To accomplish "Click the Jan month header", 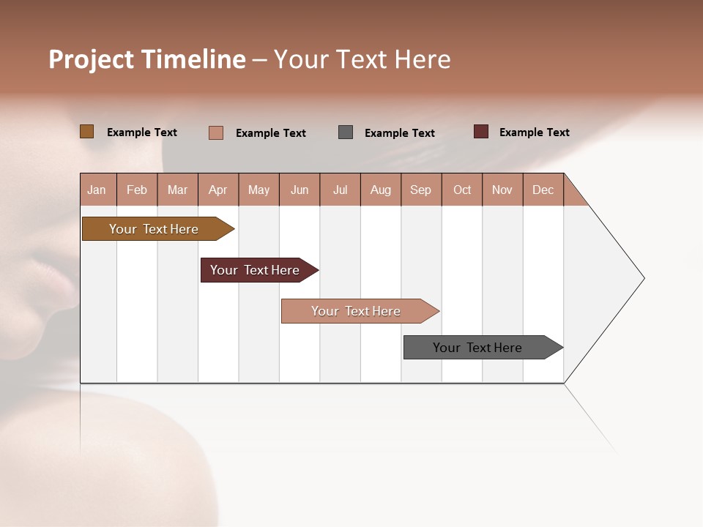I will (x=97, y=190).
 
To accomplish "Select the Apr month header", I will (x=218, y=190).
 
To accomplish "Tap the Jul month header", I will (x=340, y=190).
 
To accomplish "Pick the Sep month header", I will (x=421, y=190).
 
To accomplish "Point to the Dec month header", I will (x=543, y=190).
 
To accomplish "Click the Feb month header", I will (x=137, y=190).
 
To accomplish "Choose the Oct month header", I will (x=462, y=190).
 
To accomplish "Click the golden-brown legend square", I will (x=86, y=132).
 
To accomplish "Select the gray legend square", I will (x=346, y=132).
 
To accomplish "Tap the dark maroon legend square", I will (x=480, y=132).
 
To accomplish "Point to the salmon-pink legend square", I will (x=216, y=132).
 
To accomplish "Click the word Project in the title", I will (x=92, y=59).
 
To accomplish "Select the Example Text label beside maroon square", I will (x=534, y=132).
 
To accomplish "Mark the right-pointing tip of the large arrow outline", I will (x=642, y=278).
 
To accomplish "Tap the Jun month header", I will (x=300, y=190).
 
